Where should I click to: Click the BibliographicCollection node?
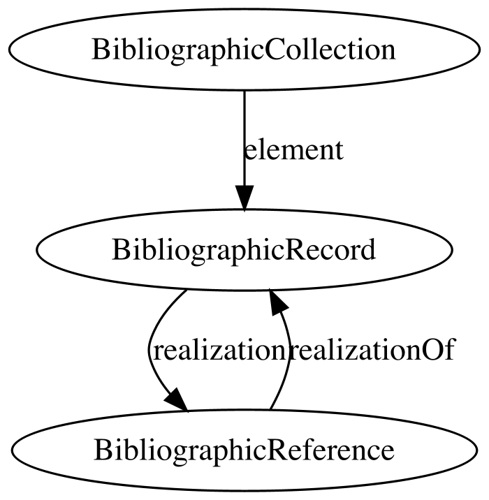coord(245,50)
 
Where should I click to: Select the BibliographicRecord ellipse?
coord(245,250)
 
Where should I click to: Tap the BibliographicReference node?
coord(245,450)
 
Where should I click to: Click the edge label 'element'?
coord(293,150)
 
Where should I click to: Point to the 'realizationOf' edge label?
coord(372,350)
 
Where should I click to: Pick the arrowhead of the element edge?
coord(245,198)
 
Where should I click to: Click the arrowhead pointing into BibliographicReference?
coord(177,401)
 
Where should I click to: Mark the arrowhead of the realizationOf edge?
coord(278,302)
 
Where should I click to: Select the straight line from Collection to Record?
coord(245,138)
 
